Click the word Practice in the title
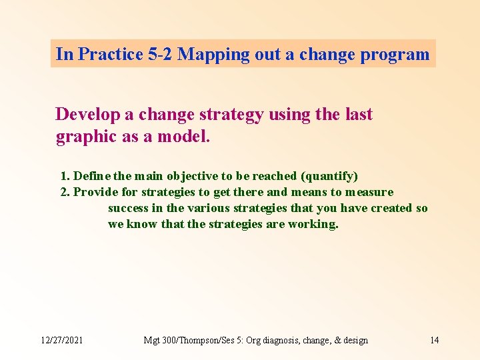pyautogui.click(x=109, y=54)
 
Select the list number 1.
pyautogui.click(x=65, y=176)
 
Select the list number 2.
pyautogui.click(x=65, y=192)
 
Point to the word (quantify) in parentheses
pyautogui.click(x=329, y=176)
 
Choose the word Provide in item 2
pyautogui.click(x=96, y=192)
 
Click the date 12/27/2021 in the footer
pyautogui.click(x=62, y=340)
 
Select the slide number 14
pyautogui.click(x=434, y=340)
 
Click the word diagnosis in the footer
pyautogui.click(x=285, y=340)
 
